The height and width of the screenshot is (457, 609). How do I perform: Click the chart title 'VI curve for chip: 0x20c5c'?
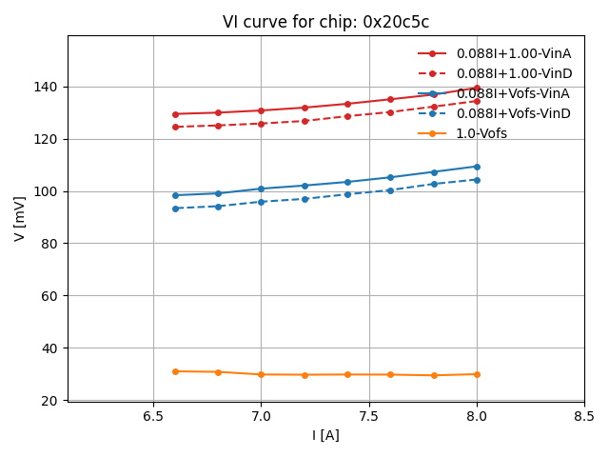pyautogui.click(x=325, y=22)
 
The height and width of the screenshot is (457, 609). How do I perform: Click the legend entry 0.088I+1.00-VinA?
pyautogui.click(x=513, y=53)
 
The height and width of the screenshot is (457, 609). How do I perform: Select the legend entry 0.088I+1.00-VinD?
pyautogui.click(x=514, y=73)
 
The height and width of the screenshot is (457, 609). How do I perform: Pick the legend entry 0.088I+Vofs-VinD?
pyautogui.click(x=513, y=113)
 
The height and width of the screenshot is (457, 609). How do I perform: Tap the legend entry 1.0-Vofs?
pyautogui.click(x=481, y=133)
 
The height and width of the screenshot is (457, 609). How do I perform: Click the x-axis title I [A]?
pyautogui.click(x=325, y=435)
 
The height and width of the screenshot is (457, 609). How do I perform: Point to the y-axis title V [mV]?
pyautogui.click(x=20, y=218)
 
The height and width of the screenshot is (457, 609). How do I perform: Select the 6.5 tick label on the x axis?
pyautogui.click(x=153, y=417)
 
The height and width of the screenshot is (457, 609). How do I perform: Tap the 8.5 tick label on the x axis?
pyautogui.click(x=584, y=417)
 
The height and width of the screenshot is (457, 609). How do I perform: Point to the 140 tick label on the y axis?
pyautogui.click(x=46, y=87)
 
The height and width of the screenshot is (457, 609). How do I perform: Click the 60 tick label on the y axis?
pyautogui.click(x=49, y=296)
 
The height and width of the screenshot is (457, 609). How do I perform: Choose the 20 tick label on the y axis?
pyautogui.click(x=49, y=400)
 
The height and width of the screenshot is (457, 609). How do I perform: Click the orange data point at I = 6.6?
pyautogui.click(x=175, y=371)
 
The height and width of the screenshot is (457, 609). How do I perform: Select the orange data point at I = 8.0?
pyautogui.click(x=477, y=374)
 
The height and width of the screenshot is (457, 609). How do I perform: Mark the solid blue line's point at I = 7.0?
pyautogui.click(x=261, y=189)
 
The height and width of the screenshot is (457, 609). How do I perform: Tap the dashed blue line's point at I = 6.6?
pyautogui.click(x=175, y=209)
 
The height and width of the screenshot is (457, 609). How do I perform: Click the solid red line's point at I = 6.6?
pyautogui.click(x=175, y=114)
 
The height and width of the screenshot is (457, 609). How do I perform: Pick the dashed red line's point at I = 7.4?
pyautogui.click(x=347, y=116)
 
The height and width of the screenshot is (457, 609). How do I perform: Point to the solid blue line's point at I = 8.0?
pyautogui.click(x=477, y=167)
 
